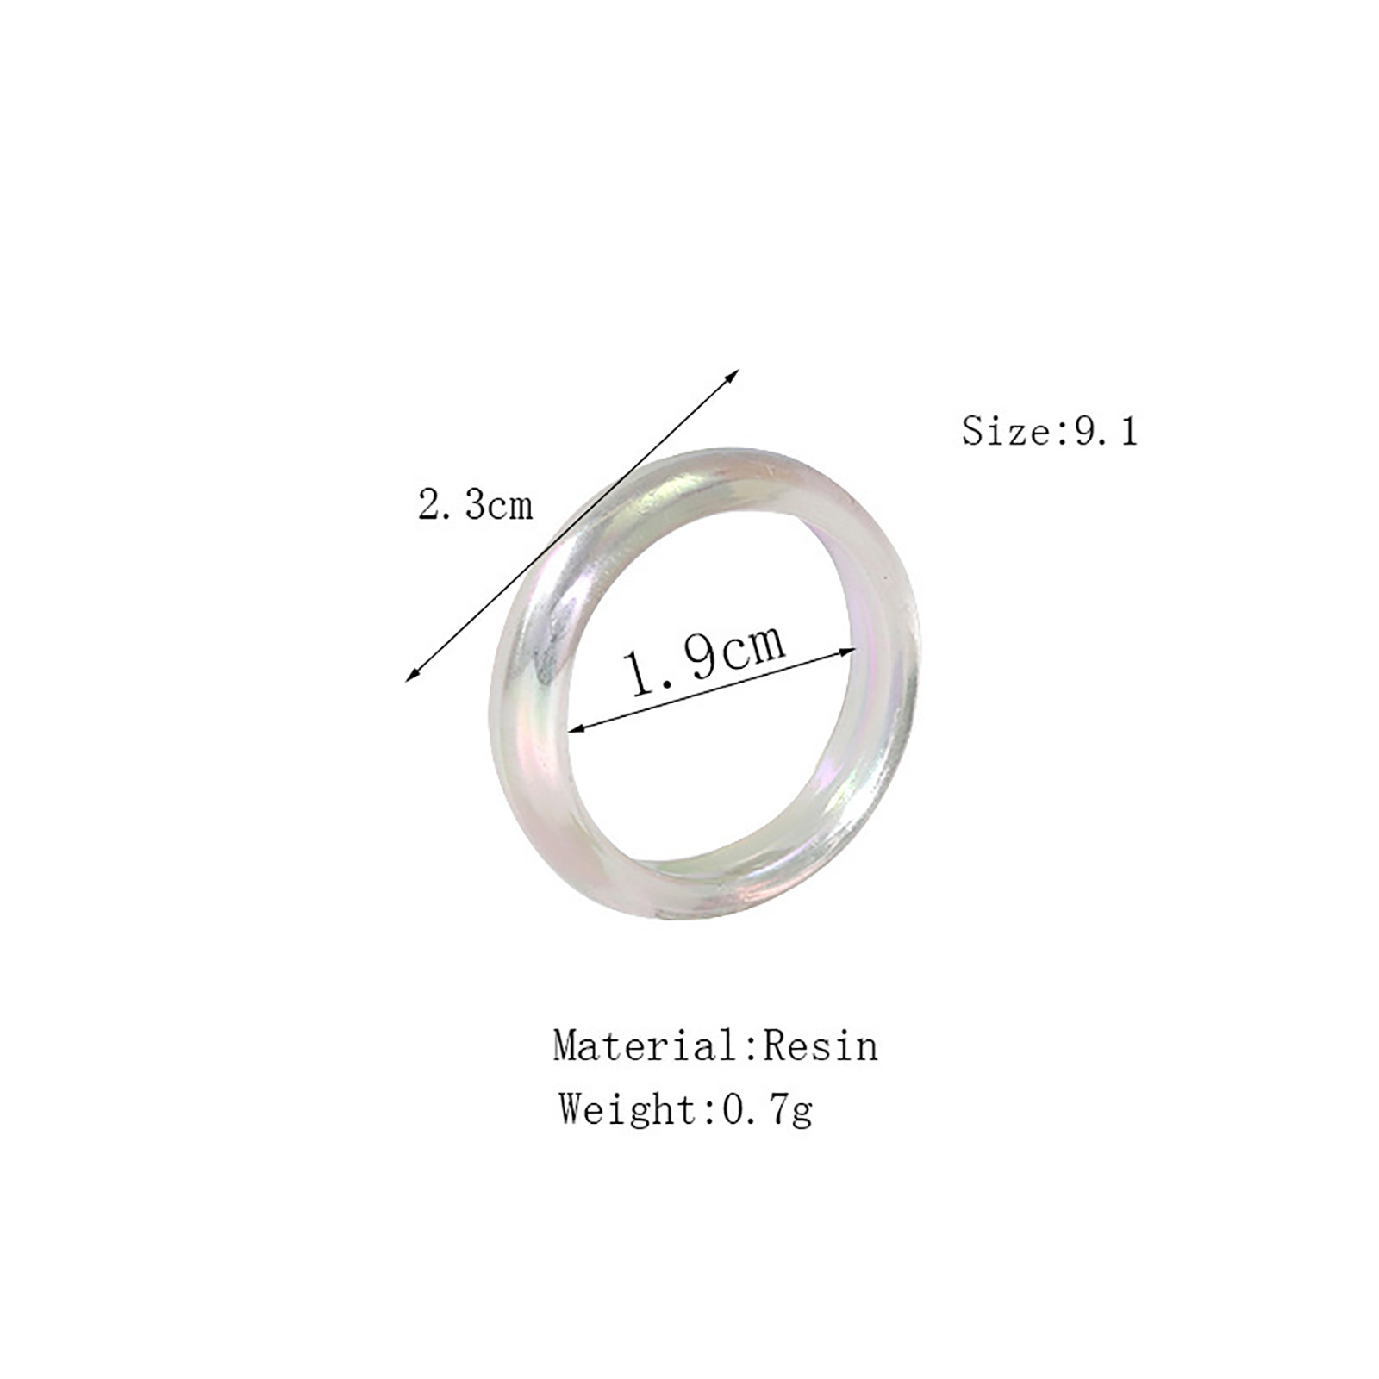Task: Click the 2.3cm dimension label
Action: tap(475, 504)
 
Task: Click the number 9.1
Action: tap(1106, 431)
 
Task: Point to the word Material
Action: tap(645, 1045)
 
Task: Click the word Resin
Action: tap(821, 1045)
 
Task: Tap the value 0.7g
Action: tap(767, 1110)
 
